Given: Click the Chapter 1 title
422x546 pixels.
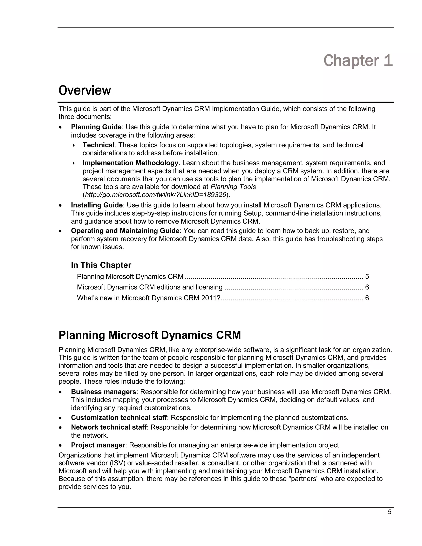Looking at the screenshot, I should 358,61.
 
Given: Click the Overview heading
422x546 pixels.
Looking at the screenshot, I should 84,90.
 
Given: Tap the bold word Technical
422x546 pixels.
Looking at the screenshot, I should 98,145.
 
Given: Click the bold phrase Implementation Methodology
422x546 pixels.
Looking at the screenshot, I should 130,163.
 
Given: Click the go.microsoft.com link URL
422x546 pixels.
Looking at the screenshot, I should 156,195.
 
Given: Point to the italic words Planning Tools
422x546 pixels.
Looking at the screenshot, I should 233,187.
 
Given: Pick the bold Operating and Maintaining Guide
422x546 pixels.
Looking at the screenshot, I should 125,231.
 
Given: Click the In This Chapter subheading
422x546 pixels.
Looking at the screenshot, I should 101,265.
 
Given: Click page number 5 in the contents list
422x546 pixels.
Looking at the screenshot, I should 367,277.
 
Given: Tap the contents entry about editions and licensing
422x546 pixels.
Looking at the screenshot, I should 150,287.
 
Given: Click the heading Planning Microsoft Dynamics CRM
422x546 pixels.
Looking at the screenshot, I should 150,335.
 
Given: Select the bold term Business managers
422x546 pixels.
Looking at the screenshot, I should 103,392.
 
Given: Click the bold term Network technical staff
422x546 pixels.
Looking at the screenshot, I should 109,427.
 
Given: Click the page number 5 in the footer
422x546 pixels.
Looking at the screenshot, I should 389,512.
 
